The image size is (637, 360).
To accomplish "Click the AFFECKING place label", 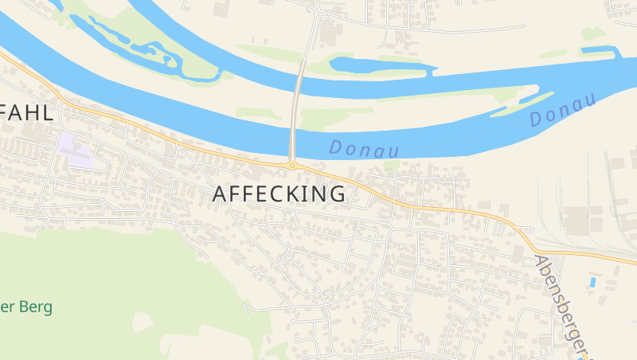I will point(279,194).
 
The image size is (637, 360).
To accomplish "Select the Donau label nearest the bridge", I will point(363,148).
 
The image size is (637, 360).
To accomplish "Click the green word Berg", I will point(37,307).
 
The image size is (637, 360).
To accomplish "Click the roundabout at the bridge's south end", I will point(292,166).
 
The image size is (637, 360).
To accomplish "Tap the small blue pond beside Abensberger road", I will point(592,282).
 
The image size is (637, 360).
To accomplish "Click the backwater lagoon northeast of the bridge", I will point(374,66).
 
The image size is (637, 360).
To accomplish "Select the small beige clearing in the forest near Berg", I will point(143,322).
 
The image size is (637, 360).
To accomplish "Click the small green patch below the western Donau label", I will point(390,166).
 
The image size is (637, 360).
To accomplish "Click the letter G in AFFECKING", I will point(337,194).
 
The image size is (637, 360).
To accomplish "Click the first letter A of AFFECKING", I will point(221,194).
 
